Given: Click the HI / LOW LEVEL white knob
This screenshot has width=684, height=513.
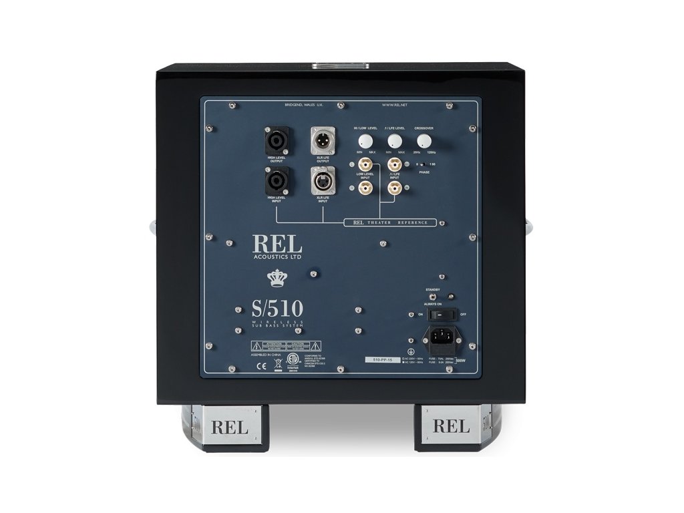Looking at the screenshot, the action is [365, 141].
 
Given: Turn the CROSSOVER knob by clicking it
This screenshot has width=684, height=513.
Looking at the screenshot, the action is [424, 141].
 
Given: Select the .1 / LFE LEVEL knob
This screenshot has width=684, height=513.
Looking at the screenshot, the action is [395, 141].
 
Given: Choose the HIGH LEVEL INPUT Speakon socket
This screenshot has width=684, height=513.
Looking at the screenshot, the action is [276, 180].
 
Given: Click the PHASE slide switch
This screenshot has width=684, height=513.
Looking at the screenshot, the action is [421, 164].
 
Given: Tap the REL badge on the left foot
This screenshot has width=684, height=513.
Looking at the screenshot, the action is [229, 427].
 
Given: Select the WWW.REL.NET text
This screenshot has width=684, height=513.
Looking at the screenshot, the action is [395, 105].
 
